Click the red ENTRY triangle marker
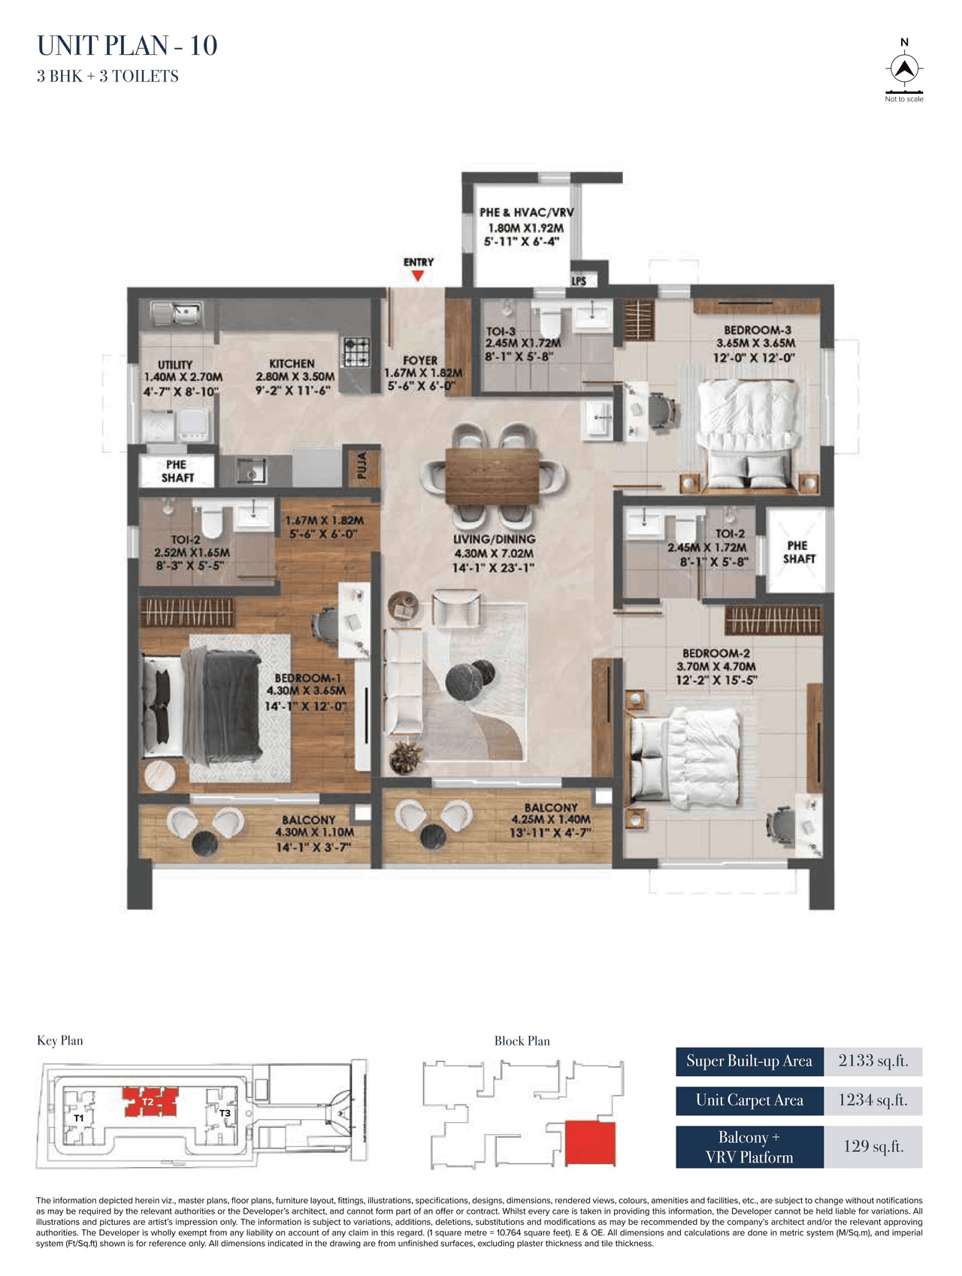point(418,276)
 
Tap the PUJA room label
point(362,465)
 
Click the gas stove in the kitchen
point(357,352)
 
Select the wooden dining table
point(492,476)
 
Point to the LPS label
point(579,281)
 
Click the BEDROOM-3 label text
point(757,330)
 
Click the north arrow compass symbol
point(905,68)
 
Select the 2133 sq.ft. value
point(873,1061)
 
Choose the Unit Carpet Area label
point(749,1100)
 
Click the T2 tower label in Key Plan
point(148,1102)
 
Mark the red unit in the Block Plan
point(590,1143)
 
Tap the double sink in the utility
point(176,312)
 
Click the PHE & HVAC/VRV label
point(526,213)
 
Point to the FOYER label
point(420,361)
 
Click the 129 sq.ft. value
point(873,1146)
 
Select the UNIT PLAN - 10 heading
point(127,46)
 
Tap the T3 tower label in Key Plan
point(225,1113)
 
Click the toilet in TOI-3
point(551,322)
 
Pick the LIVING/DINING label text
point(494,540)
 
